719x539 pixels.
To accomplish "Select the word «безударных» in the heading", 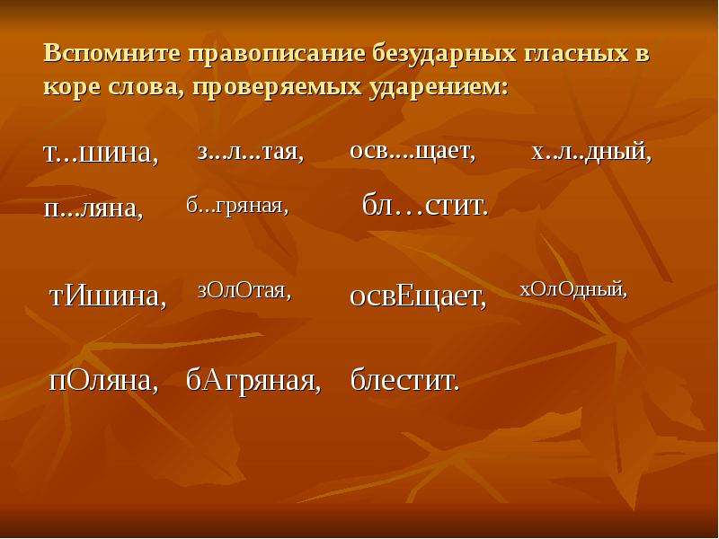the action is (x=444, y=55).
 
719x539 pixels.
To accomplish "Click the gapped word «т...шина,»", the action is (x=101, y=153).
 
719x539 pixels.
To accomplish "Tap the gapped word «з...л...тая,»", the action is (x=251, y=152).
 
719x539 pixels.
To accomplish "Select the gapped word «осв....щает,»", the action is (x=413, y=151).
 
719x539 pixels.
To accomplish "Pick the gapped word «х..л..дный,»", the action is (x=591, y=152).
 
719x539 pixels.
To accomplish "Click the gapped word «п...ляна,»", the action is (x=93, y=208).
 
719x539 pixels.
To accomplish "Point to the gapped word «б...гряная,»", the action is (x=237, y=206).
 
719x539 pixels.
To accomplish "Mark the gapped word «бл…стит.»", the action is (x=425, y=205).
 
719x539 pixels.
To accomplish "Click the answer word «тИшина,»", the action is (x=108, y=296).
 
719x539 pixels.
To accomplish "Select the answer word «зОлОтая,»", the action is (x=244, y=290).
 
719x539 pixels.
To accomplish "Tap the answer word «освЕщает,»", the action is (x=418, y=296).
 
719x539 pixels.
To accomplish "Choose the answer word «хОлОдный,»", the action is (x=573, y=289).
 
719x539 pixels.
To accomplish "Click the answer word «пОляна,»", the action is (x=103, y=380).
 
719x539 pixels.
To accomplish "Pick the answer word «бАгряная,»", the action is (x=253, y=381).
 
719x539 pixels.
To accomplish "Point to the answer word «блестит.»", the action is (x=405, y=380).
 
